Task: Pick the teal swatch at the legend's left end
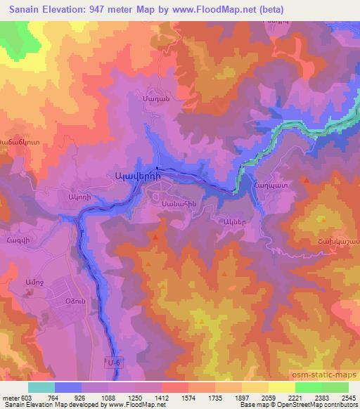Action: (x=41, y=387)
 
